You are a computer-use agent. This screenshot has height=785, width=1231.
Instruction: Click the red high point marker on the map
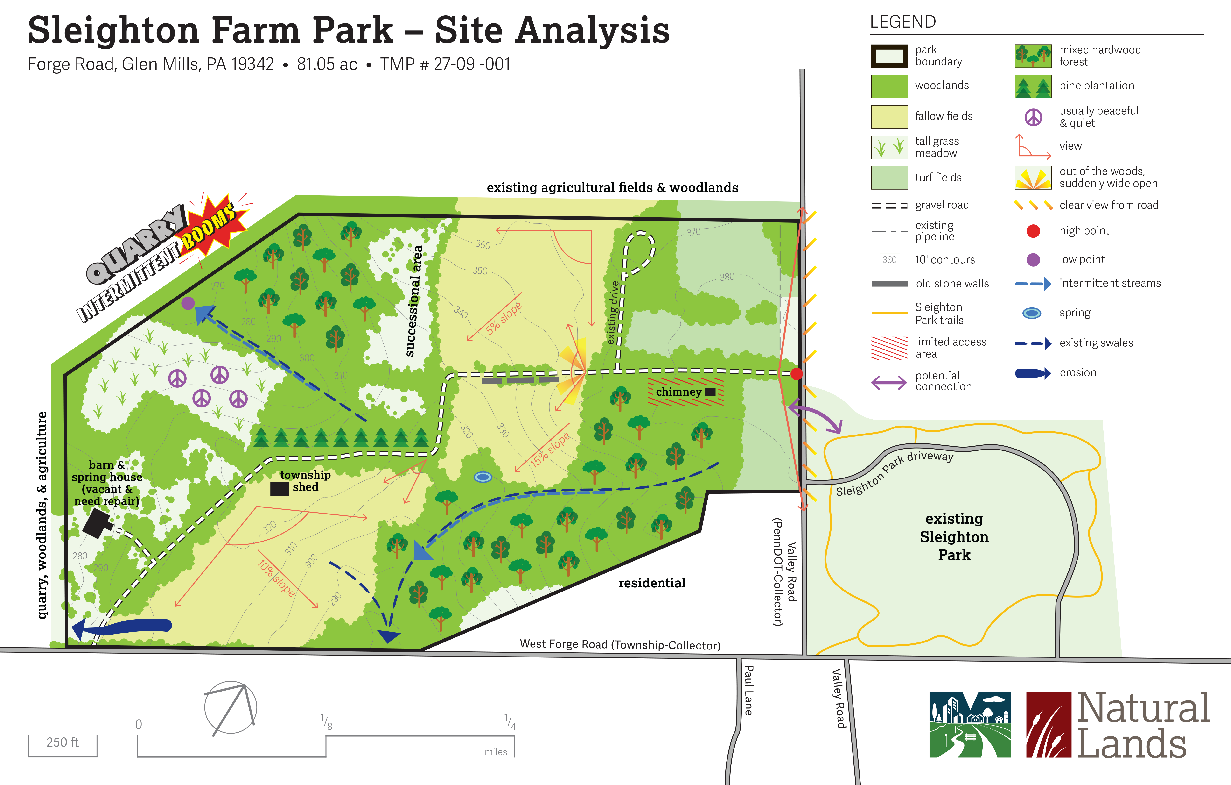(x=796, y=374)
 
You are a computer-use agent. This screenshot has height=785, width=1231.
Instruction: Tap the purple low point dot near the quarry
(x=188, y=303)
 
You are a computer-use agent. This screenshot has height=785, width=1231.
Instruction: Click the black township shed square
(x=279, y=489)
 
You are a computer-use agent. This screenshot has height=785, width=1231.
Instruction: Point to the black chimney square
(x=710, y=392)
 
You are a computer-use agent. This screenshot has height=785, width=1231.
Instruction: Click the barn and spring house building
(x=97, y=523)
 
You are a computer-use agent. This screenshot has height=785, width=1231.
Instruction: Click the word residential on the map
(x=652, y=583)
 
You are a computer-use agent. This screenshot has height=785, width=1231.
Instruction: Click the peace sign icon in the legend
(x=1033, y=117)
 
